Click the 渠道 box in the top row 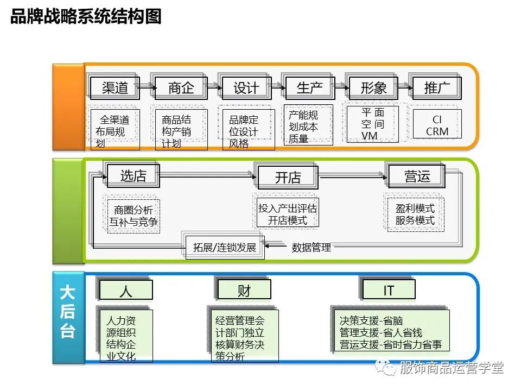pyautogui.click(x=115, y=87)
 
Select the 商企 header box pyautogui.click(x=181, y=87)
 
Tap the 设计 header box pyautogui.click(x=246, y=87)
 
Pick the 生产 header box pyautogui.click(x=309, y=87)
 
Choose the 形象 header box pyautogui.click(x=373, y=87)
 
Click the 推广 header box pyautogui.click(x=437, y=87)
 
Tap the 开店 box pyautogui.click(x=288, y=177)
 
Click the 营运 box pyautogui.click(x=417, y=176)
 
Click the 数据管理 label pyautogui.click(x=311, y=248)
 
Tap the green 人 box pyautogui.click(x=125, y=291)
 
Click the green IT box pyautogui.click(x=389, y=291)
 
